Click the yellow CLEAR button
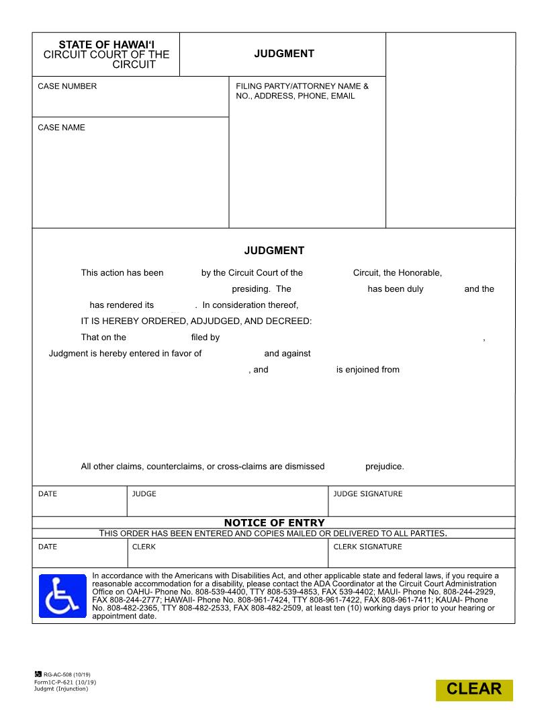pos(474,689)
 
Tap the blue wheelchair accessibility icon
pos(62,596)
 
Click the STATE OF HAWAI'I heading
pos(106,44)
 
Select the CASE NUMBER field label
pos(67,86)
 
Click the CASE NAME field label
pos(61,128)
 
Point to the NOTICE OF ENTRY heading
pos(274,522)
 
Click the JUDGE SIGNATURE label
pos(367,494)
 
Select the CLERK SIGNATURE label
pos(367,547)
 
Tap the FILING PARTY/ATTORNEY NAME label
pos(302,86)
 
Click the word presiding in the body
pos(250,289)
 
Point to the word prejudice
pos(384,467)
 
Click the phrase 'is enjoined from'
pos(367,369)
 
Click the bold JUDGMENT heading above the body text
pos(274,251)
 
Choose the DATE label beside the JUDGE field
pos(48,494)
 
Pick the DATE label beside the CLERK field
pos(48,547)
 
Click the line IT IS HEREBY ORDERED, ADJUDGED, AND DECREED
pos(196,321)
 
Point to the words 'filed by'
pos(205,338)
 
